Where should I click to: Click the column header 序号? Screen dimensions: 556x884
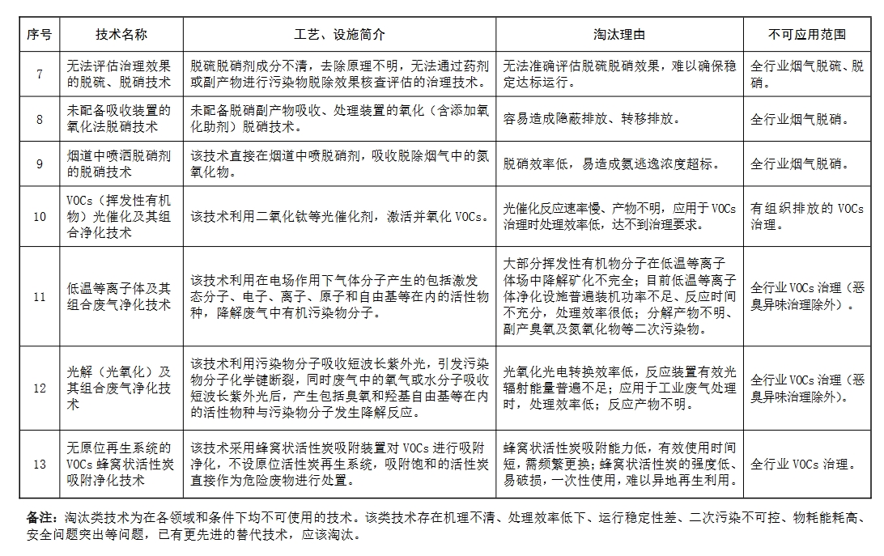click(39, 35)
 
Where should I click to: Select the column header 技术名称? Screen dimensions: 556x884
click(121, 35)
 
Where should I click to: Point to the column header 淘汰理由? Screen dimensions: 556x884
click(619, 35)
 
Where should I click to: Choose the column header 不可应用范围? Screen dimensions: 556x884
click(807, 35)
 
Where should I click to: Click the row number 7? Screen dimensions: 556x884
click(39, 74)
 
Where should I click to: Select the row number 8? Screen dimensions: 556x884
click(39, 119)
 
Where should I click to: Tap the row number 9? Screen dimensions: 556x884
click(39, 164)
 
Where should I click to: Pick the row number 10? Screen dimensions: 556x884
click(39, 217)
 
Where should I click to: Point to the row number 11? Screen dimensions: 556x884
click(39, 296)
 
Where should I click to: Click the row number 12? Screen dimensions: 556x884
click(39, 388)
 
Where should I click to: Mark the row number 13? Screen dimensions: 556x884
click(39, 464)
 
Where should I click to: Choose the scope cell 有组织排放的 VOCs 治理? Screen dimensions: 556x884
click(807, 217)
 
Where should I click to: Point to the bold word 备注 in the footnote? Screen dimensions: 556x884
click(40, 517)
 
